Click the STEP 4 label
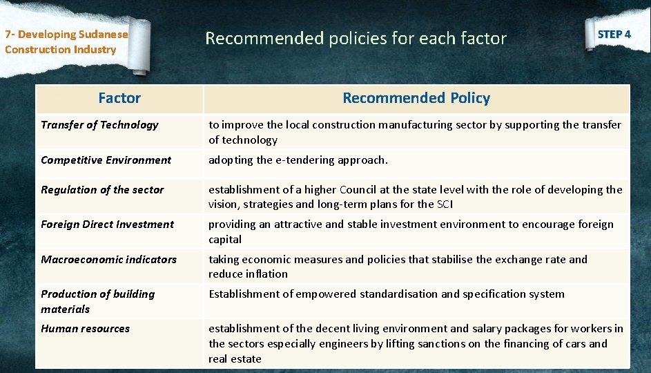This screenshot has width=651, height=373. click(x=614, y=34)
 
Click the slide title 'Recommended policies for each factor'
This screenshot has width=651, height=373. click(x=356, y=39)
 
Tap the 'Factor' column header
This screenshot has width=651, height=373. click(x=119, y=98)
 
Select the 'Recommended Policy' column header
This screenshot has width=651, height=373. click(x=416, y=98)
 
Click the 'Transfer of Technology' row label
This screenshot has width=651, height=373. click(x=99, y=125)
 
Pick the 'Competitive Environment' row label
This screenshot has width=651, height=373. click(x=106, y=160)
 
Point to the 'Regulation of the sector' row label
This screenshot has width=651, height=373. click(x=102, y=190)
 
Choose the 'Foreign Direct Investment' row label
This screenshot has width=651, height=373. click(x=107, y=224)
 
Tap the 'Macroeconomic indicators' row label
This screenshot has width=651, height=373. click(x=108, y=260)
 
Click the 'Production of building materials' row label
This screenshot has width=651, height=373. click(x=97, y=301)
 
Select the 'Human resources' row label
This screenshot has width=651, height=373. click(x=85, y=329)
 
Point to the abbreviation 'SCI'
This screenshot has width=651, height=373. click(x=445, y=204)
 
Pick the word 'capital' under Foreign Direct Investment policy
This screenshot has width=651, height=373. click(x=225, y=240)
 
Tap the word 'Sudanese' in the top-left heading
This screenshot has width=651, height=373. click(x=103, y=35)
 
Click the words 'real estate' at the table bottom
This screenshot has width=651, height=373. click(x=235, y=359)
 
